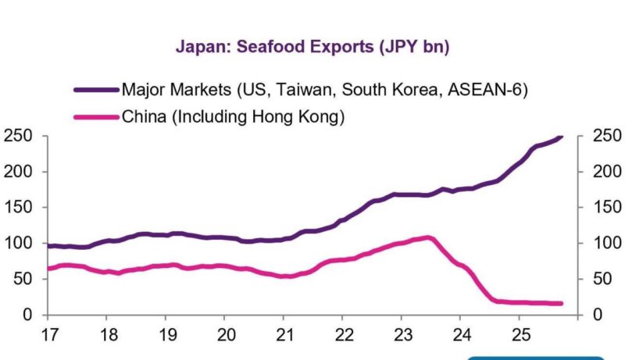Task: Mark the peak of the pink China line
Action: (x=428, y=237)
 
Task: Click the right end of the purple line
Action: (x=561, y=137)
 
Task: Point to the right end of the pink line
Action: (x=561, y=304)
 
